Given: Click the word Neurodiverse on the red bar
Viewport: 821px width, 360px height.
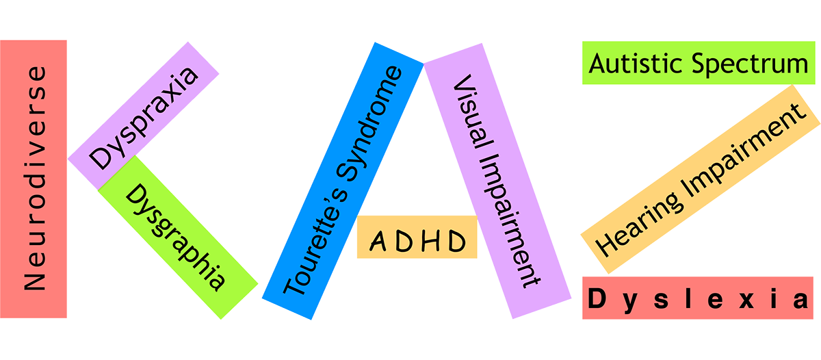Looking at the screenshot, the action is click(35, 178).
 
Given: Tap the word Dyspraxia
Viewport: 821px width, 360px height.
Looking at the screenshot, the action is click(144, 118).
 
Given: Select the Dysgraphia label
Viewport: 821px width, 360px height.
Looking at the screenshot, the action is click(176, 237).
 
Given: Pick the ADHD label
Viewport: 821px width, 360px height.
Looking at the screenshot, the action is click(418, 241).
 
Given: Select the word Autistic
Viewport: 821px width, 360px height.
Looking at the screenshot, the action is click(637, 64).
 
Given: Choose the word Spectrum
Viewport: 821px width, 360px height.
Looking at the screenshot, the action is click(750, 65).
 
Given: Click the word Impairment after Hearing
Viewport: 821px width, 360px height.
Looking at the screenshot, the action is click(744, 151).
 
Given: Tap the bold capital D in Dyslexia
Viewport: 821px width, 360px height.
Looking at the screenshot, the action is click(597, 298).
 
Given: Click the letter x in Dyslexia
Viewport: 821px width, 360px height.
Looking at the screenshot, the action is click(746, 300).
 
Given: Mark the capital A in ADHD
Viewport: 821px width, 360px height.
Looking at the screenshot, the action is click(378, 241).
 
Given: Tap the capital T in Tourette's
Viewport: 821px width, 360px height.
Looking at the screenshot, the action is click(294, 285).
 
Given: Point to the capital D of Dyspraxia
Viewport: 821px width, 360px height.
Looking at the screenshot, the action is click(101, 157).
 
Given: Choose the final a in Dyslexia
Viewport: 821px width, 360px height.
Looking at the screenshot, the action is click(800, 300).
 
